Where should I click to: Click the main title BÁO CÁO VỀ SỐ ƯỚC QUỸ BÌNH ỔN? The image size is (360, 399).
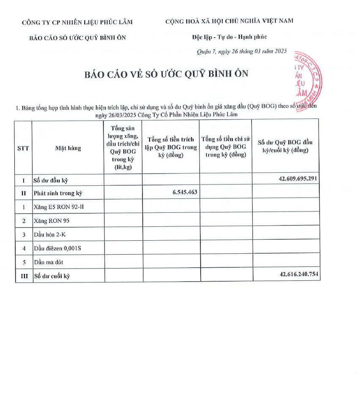click(166, 74)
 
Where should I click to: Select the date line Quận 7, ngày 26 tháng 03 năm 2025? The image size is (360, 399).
click(242, 52)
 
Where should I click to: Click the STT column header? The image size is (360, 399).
click(23, 148)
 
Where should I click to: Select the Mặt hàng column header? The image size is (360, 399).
click(68, 148)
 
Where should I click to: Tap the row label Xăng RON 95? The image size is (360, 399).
click(52, 220)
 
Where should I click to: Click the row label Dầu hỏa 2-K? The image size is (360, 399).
click(50, 234)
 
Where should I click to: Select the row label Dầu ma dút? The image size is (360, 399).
click(49, 262)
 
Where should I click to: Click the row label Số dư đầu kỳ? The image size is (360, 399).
click(51, 180)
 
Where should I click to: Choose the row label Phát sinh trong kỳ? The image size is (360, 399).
click(58, 193)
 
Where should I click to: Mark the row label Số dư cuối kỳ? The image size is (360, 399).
click(52, 276)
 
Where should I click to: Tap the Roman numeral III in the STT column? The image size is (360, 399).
click(24, 276)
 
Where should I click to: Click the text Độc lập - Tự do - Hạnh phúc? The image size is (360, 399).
click(229, 37)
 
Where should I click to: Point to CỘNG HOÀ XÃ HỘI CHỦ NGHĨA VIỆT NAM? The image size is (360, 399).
click(229, 21)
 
